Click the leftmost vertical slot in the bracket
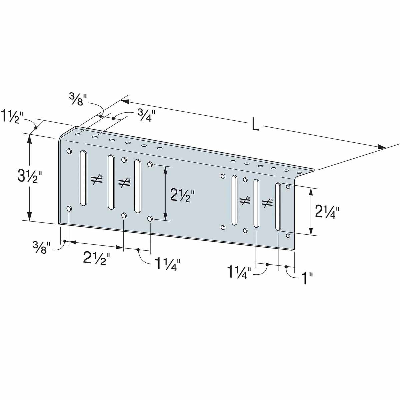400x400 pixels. click(83, 178)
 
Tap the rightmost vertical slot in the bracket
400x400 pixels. click(278, 207)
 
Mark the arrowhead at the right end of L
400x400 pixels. click(381, 147)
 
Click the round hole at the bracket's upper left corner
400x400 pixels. click(69, 151)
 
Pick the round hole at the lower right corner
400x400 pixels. click(288, 236)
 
